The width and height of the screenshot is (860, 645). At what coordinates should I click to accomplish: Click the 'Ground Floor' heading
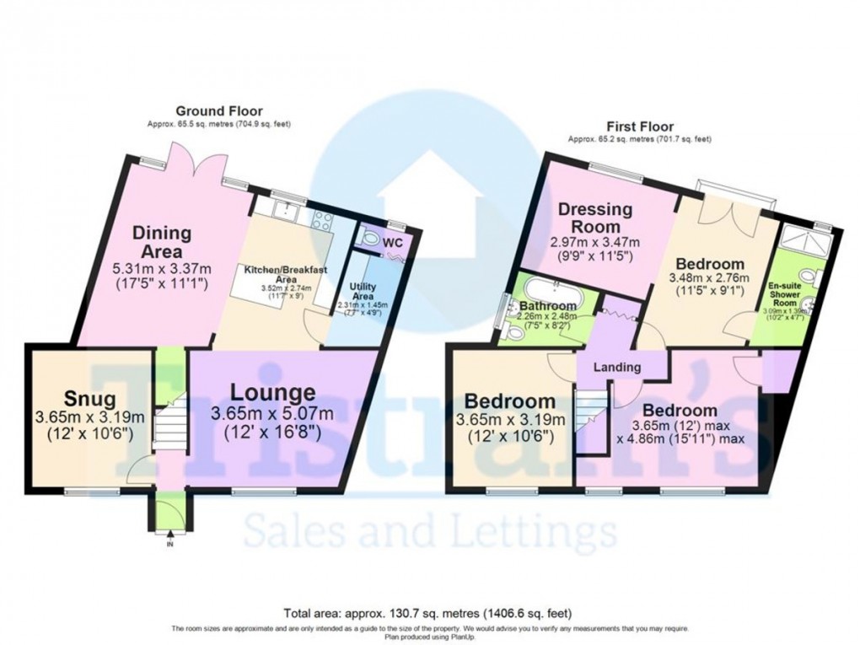click(218, 110)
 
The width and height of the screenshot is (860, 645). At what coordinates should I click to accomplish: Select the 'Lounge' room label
click(274, 392)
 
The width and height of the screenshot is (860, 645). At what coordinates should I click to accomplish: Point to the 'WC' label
click(393, 243)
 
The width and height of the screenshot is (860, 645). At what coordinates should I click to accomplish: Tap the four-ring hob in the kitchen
click(323, 220)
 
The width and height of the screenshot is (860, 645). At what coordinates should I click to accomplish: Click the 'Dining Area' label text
click(161, 242)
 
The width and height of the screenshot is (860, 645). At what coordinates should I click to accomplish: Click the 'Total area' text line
click(429, 613)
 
